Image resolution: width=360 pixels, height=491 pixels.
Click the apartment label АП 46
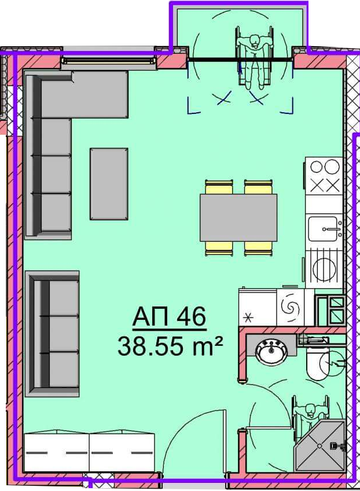tap(169, 317)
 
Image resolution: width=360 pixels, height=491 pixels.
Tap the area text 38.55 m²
tap(170, 346)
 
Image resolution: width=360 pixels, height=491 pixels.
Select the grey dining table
tap(238, 217)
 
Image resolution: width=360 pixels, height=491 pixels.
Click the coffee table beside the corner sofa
tap(109, 184)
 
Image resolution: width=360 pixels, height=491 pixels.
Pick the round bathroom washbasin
tap(271, 352)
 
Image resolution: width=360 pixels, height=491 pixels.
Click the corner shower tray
tap(319, 445)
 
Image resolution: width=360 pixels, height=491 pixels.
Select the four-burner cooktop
tap(324, 176)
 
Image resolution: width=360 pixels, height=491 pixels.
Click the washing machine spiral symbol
tap(290, 307)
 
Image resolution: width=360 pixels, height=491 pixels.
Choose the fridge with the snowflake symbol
tap(258, 307)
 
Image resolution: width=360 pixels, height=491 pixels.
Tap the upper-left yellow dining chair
tap(219, 187)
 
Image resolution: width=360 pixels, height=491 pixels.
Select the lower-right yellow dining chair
tap(258, 249)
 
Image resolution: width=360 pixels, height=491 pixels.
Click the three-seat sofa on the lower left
tap(52, 334)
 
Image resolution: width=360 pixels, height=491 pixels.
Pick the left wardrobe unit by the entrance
tap(57, 452)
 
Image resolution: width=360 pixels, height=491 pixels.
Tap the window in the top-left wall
tap(109, 60)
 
